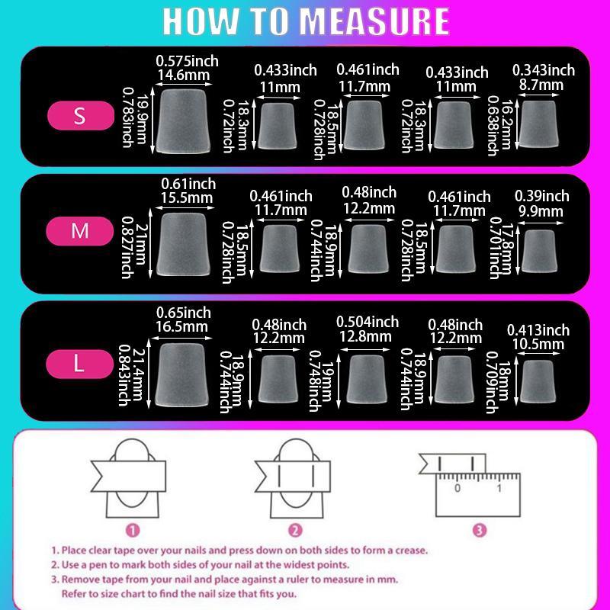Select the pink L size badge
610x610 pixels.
(79, 364)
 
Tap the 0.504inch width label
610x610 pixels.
(368, 322)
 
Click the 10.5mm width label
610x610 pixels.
(538, 345)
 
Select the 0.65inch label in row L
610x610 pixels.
(183, 313)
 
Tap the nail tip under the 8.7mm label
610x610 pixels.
(540, 125)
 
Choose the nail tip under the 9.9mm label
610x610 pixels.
(542, 251)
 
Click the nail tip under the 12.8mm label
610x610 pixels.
(367, 378)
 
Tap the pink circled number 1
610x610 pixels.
(133, 530)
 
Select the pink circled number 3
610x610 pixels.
(479, 530)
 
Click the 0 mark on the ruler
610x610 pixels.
(457, 487)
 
